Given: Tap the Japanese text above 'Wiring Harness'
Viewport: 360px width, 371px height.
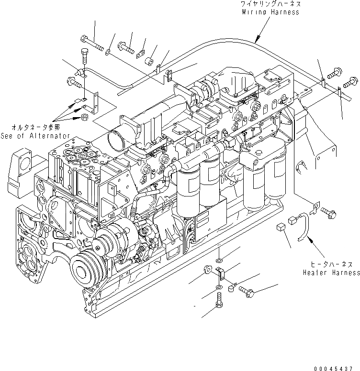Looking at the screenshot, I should click(x=270, y=4).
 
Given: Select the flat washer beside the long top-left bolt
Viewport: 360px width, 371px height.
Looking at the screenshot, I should click(x=110, y=50).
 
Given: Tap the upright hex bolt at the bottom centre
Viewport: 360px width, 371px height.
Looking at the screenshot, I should click(x=218, y=302).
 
